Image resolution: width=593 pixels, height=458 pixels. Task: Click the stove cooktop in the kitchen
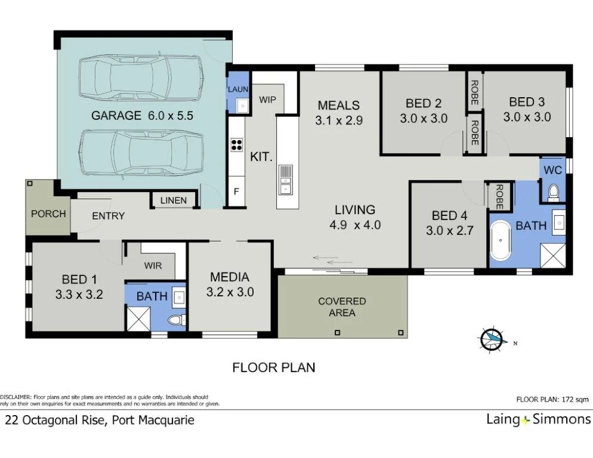pos(237,145)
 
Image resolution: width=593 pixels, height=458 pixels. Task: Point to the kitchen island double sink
pos(286,181)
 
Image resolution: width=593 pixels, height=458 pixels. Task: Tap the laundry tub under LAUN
pos(242,106)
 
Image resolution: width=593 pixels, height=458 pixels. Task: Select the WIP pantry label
pos(267,100)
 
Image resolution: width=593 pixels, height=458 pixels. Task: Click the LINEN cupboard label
pos(174,201)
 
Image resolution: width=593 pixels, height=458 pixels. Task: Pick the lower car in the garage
pos(140,154)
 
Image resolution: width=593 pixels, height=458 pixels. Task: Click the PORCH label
pos(48,213)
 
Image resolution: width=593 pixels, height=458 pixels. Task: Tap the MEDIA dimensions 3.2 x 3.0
pos(230,292)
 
